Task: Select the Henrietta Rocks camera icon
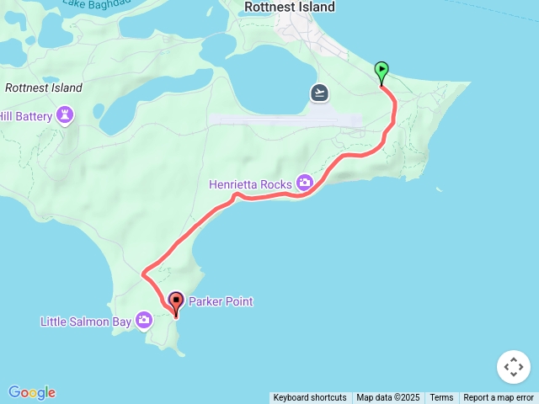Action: pos(304,183)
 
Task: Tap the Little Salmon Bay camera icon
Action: pos(144,320)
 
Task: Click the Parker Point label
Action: pos(221,301)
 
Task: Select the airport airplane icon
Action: pos(319,93)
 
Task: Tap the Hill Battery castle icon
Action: pos(66,115)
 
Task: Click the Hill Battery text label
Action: pos(25,116)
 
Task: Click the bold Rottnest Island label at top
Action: pos(289,7)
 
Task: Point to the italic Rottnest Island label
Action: pos(44,88)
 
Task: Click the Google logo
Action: pos(32,392)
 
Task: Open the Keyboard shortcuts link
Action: pos(309,398)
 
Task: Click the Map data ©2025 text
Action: pos(387,398)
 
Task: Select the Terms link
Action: pos(441,398)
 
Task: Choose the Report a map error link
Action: pos(499,398)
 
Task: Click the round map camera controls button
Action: pos(514,367)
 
